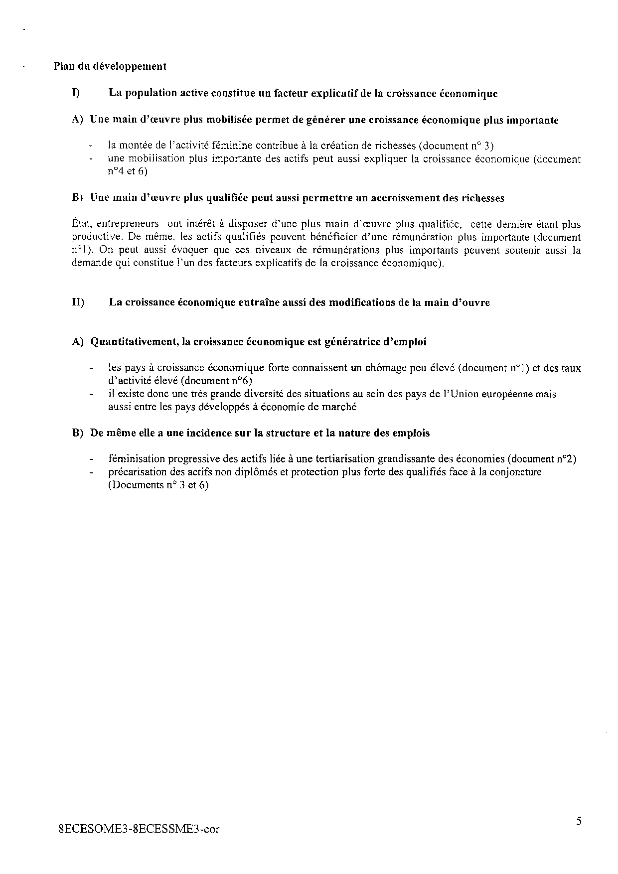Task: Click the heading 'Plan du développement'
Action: tap(110, 66)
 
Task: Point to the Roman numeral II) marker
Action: tap(78, 302)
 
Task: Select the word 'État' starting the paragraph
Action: tap(80, 224)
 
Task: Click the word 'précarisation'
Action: tap(136, 472)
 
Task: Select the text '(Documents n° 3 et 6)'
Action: tap(158, 485)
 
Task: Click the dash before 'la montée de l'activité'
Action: tap(91, 146)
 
